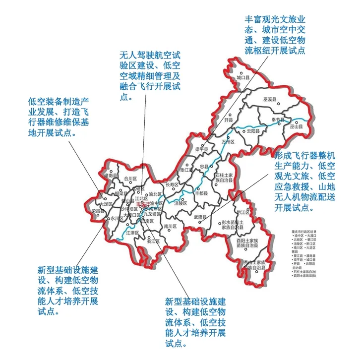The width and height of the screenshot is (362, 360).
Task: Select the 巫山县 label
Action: (296, 127)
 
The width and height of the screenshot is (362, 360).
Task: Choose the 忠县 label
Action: (203, 167)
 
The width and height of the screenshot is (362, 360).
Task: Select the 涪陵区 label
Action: (181, 203)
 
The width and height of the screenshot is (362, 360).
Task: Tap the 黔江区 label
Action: (241, 212)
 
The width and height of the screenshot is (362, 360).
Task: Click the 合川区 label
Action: (130, 179)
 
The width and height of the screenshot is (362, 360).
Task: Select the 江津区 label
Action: (133, 232)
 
